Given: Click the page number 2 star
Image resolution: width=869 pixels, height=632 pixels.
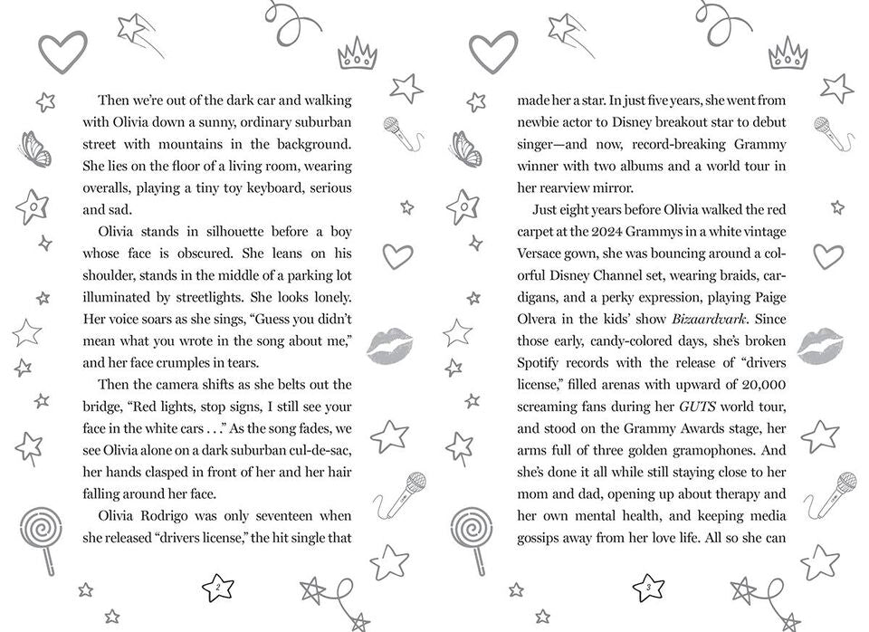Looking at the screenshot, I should [x=218, y=589].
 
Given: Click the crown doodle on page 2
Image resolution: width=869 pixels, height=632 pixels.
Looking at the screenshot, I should [x=357, y=53].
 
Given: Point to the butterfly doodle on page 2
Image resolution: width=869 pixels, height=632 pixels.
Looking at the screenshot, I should [x=33, y=149].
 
